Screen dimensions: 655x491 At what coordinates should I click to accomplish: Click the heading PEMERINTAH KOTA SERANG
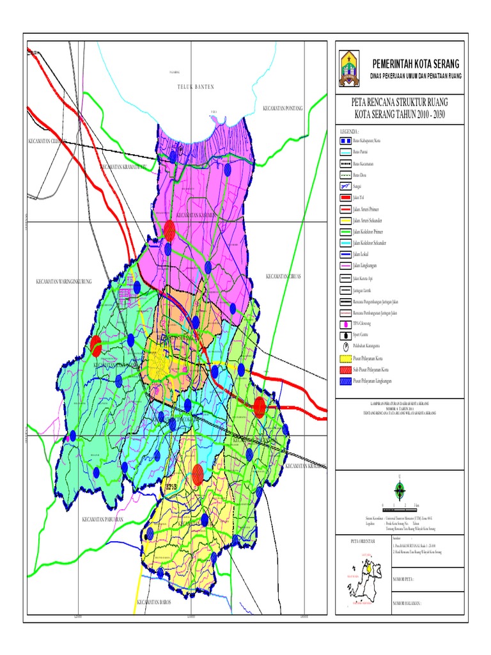tap(416, 64)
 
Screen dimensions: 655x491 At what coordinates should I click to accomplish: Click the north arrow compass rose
tap(400, 491)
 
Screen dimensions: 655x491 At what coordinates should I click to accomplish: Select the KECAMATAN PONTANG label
tap(282, 108)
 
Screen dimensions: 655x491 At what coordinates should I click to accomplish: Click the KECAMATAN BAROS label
tap(156, 603)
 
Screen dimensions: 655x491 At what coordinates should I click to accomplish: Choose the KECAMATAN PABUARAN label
tap(102, 519)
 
